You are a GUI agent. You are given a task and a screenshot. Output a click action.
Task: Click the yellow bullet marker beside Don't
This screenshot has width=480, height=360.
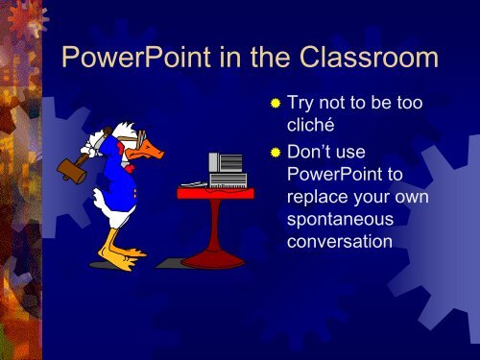(276, 153)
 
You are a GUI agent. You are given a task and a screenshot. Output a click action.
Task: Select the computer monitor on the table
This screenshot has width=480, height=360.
(228, 163)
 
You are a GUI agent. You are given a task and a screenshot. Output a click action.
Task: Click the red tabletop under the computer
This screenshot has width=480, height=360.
(215, 193)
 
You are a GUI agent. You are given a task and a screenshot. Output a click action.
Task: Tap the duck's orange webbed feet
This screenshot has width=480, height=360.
(123, 257)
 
